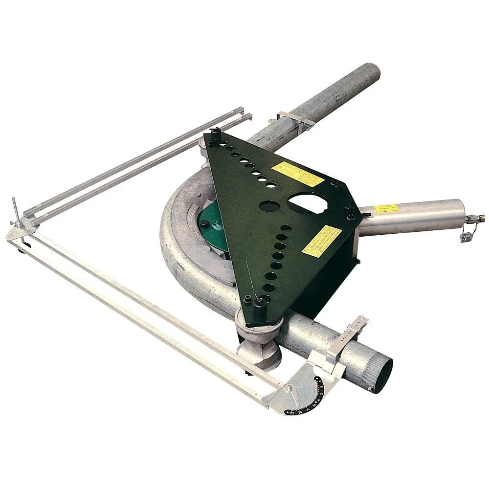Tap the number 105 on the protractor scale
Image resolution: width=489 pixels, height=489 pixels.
292,413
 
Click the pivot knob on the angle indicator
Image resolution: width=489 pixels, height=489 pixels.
289,389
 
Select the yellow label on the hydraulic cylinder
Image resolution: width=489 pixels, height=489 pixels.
386,208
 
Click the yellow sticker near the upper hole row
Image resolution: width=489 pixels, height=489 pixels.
298,174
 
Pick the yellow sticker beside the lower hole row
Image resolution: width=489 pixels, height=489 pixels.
322,241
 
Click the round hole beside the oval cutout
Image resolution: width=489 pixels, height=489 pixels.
268,206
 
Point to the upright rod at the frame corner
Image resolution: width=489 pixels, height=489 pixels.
16,210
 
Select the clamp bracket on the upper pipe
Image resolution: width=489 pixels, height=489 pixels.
293,120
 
